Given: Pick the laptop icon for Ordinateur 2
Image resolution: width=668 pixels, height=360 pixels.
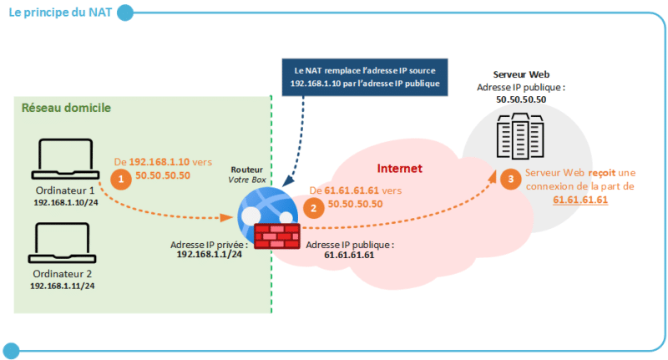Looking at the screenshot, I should pyautogui.click(x=64, y=243).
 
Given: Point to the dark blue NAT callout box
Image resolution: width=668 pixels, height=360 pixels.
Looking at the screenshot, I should pyautogui.click(x=364, y=77).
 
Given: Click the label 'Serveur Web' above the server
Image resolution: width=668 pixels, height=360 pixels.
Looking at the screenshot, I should pyautogui.click(x=521, y=74).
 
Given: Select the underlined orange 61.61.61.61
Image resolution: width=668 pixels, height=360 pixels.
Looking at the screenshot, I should pyautogui.click(x=579, y=200).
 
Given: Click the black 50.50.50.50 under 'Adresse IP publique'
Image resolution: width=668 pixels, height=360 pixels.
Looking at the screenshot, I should pyautogui.click(x=521, y=99).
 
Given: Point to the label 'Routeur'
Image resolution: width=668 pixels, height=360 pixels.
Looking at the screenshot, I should pyautogui.click(x=245, y=169).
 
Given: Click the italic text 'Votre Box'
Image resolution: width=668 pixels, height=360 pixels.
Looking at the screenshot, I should pyautogui.click(x=245, y=180).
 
